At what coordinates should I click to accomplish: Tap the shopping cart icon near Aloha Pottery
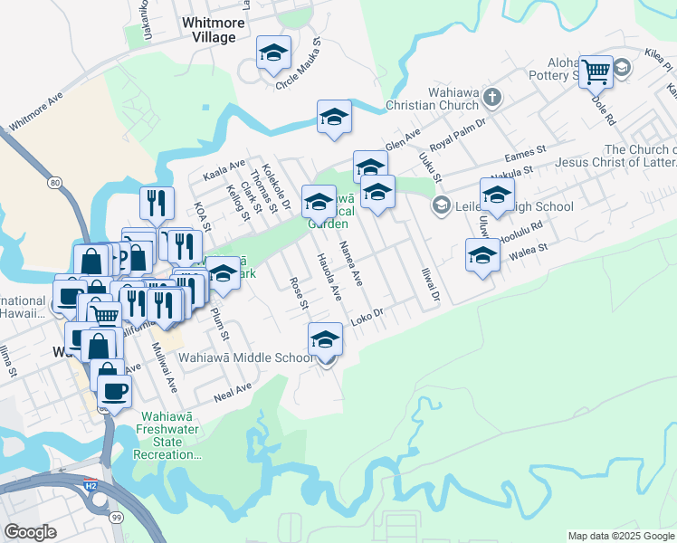596,71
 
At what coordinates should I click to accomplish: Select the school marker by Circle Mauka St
272,53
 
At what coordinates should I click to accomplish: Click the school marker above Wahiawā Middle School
326,339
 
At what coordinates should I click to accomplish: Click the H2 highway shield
90,486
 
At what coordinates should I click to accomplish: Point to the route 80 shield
56,183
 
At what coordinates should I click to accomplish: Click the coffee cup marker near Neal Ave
114,391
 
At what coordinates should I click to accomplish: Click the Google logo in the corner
30,532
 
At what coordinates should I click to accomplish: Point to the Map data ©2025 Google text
621,536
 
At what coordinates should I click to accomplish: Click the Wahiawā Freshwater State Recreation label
170,435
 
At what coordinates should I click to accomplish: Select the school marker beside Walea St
482,256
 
